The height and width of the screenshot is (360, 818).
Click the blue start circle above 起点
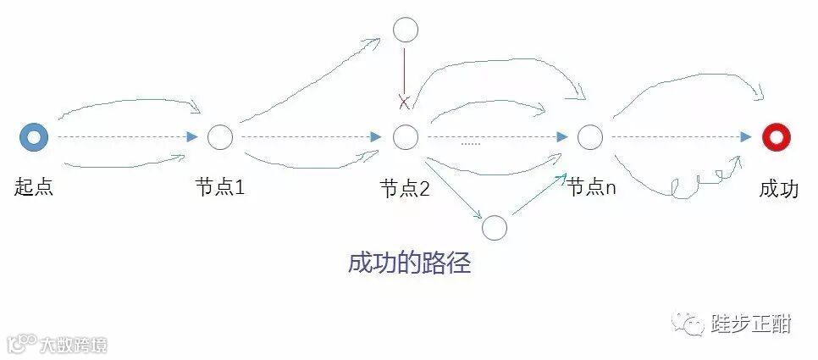34,136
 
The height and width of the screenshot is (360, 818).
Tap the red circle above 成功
776,136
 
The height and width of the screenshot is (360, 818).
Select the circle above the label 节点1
219,136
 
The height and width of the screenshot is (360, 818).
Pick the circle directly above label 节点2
406,136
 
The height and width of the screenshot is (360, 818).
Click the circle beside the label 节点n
590,136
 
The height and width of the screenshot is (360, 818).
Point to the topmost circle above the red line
406,30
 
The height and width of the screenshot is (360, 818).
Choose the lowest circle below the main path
494,228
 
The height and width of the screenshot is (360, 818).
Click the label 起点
34,187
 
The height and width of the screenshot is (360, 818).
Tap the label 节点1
219,187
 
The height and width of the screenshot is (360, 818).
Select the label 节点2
405,188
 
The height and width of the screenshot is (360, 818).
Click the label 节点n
591,187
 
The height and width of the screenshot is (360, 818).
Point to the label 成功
778,188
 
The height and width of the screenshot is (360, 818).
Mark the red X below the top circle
405,102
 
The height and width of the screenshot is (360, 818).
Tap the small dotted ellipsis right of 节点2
470,143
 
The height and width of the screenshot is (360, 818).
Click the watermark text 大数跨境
73,346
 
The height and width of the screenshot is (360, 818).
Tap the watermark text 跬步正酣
751,323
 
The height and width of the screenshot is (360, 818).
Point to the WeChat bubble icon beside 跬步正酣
688,323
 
